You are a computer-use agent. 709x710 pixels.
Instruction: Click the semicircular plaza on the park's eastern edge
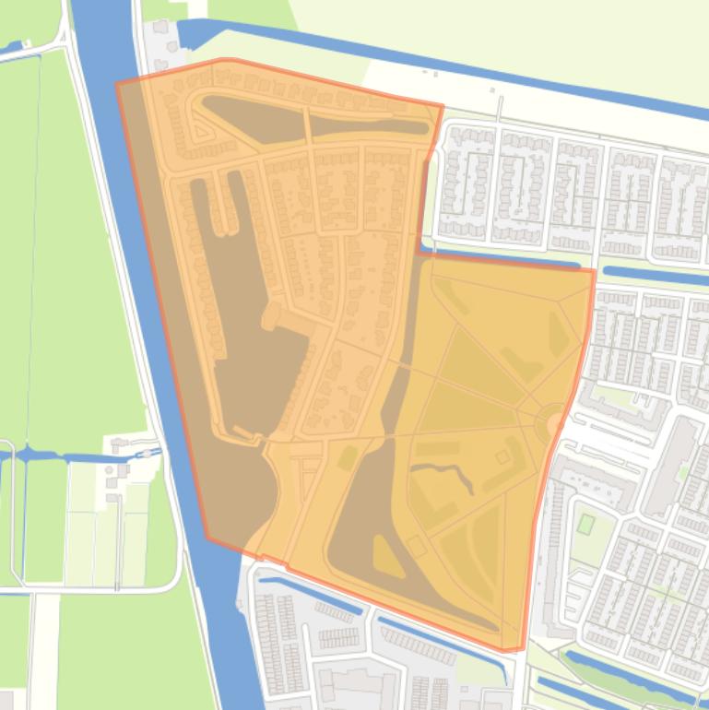(x=554, y=422)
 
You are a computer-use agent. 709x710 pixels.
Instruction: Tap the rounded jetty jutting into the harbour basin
(x=273, y=318)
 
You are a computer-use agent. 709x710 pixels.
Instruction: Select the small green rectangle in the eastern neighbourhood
(x=585, y=524)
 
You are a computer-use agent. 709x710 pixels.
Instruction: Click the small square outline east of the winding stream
(x=503, y=456)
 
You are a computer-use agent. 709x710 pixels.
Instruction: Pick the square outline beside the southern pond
(x=417, y=547)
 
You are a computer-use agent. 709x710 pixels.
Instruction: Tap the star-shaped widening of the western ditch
(x=29, y=454)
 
